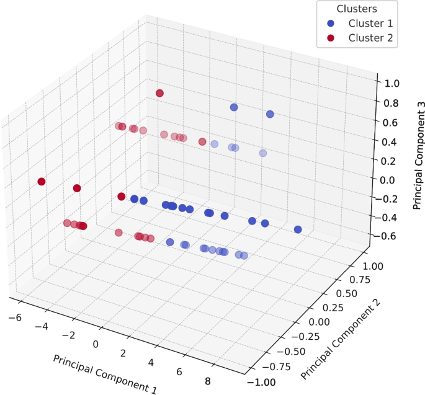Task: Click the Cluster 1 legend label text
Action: coord(370,23)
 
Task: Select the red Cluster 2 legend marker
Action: coord(331,38)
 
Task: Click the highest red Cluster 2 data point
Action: coord(159,93)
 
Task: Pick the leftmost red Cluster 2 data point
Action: coord(42,182)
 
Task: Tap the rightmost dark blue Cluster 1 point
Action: coord(298,229)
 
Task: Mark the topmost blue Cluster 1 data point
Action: coord(234,107)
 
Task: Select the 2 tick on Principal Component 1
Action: coord(123,353)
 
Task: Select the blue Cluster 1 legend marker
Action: coord(331,23)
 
